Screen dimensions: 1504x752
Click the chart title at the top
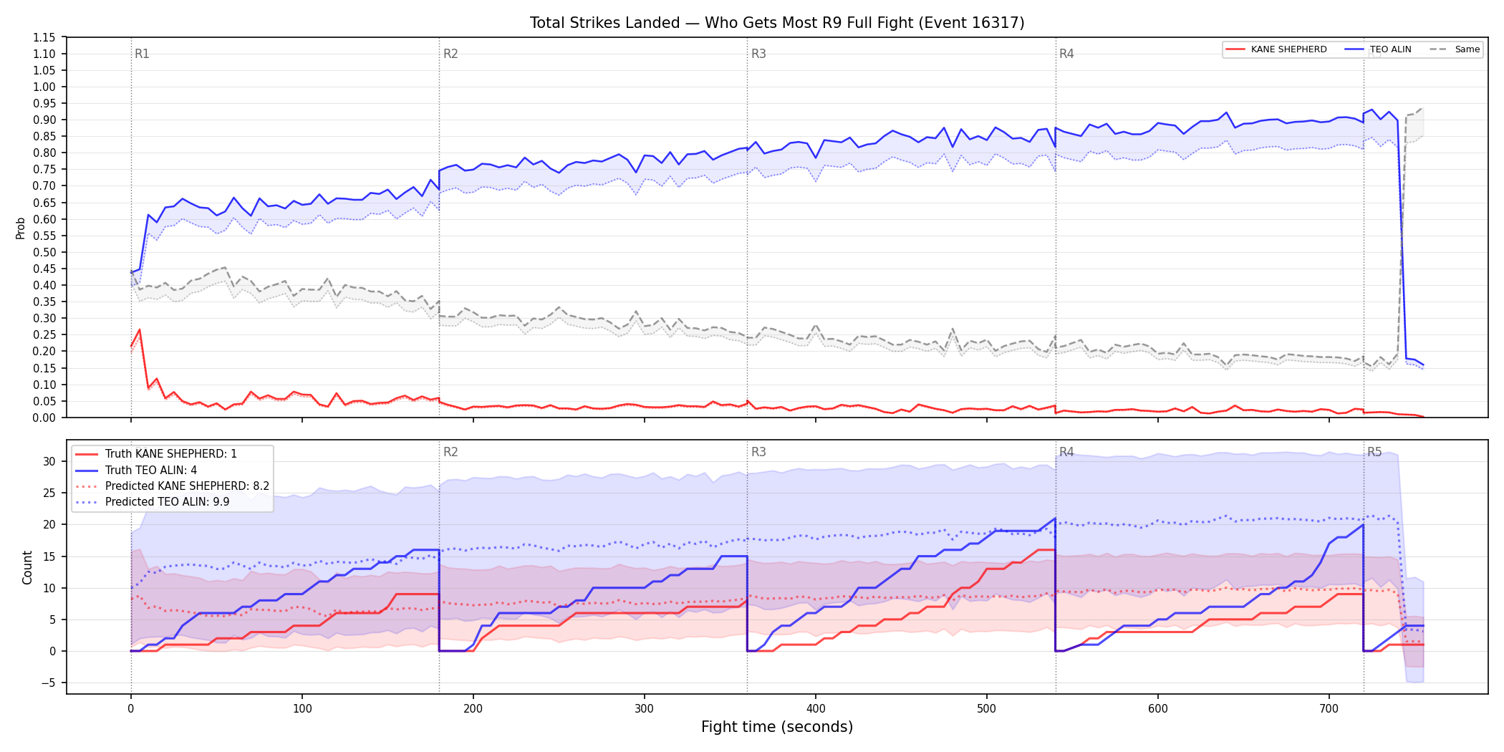point(777,23)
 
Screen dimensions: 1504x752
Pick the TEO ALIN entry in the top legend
point(1378,49)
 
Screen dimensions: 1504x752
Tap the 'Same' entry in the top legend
point(1455,49)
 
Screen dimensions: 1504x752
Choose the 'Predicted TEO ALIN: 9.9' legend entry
point(153,502)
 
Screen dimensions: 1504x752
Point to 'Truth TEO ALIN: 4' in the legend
point(136,470)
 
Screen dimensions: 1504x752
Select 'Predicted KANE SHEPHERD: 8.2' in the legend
point(173,486)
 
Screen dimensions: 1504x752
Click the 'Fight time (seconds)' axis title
point(777,727)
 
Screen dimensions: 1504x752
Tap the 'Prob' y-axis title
point(21,228)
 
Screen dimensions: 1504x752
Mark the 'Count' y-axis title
point(28,567)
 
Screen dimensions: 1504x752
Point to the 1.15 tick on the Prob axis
point(44,37)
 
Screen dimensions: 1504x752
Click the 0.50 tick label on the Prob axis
point(44,252)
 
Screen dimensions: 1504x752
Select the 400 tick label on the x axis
point(816,708)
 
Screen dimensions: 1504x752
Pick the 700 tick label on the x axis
point(1329,708)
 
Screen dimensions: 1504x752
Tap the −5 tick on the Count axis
point(48,683)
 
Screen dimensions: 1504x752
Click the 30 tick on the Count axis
point(49,461)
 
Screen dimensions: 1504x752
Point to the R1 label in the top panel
point(142,54)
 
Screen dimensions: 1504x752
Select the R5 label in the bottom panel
point(1374,452)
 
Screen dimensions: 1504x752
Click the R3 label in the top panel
point(758,54)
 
